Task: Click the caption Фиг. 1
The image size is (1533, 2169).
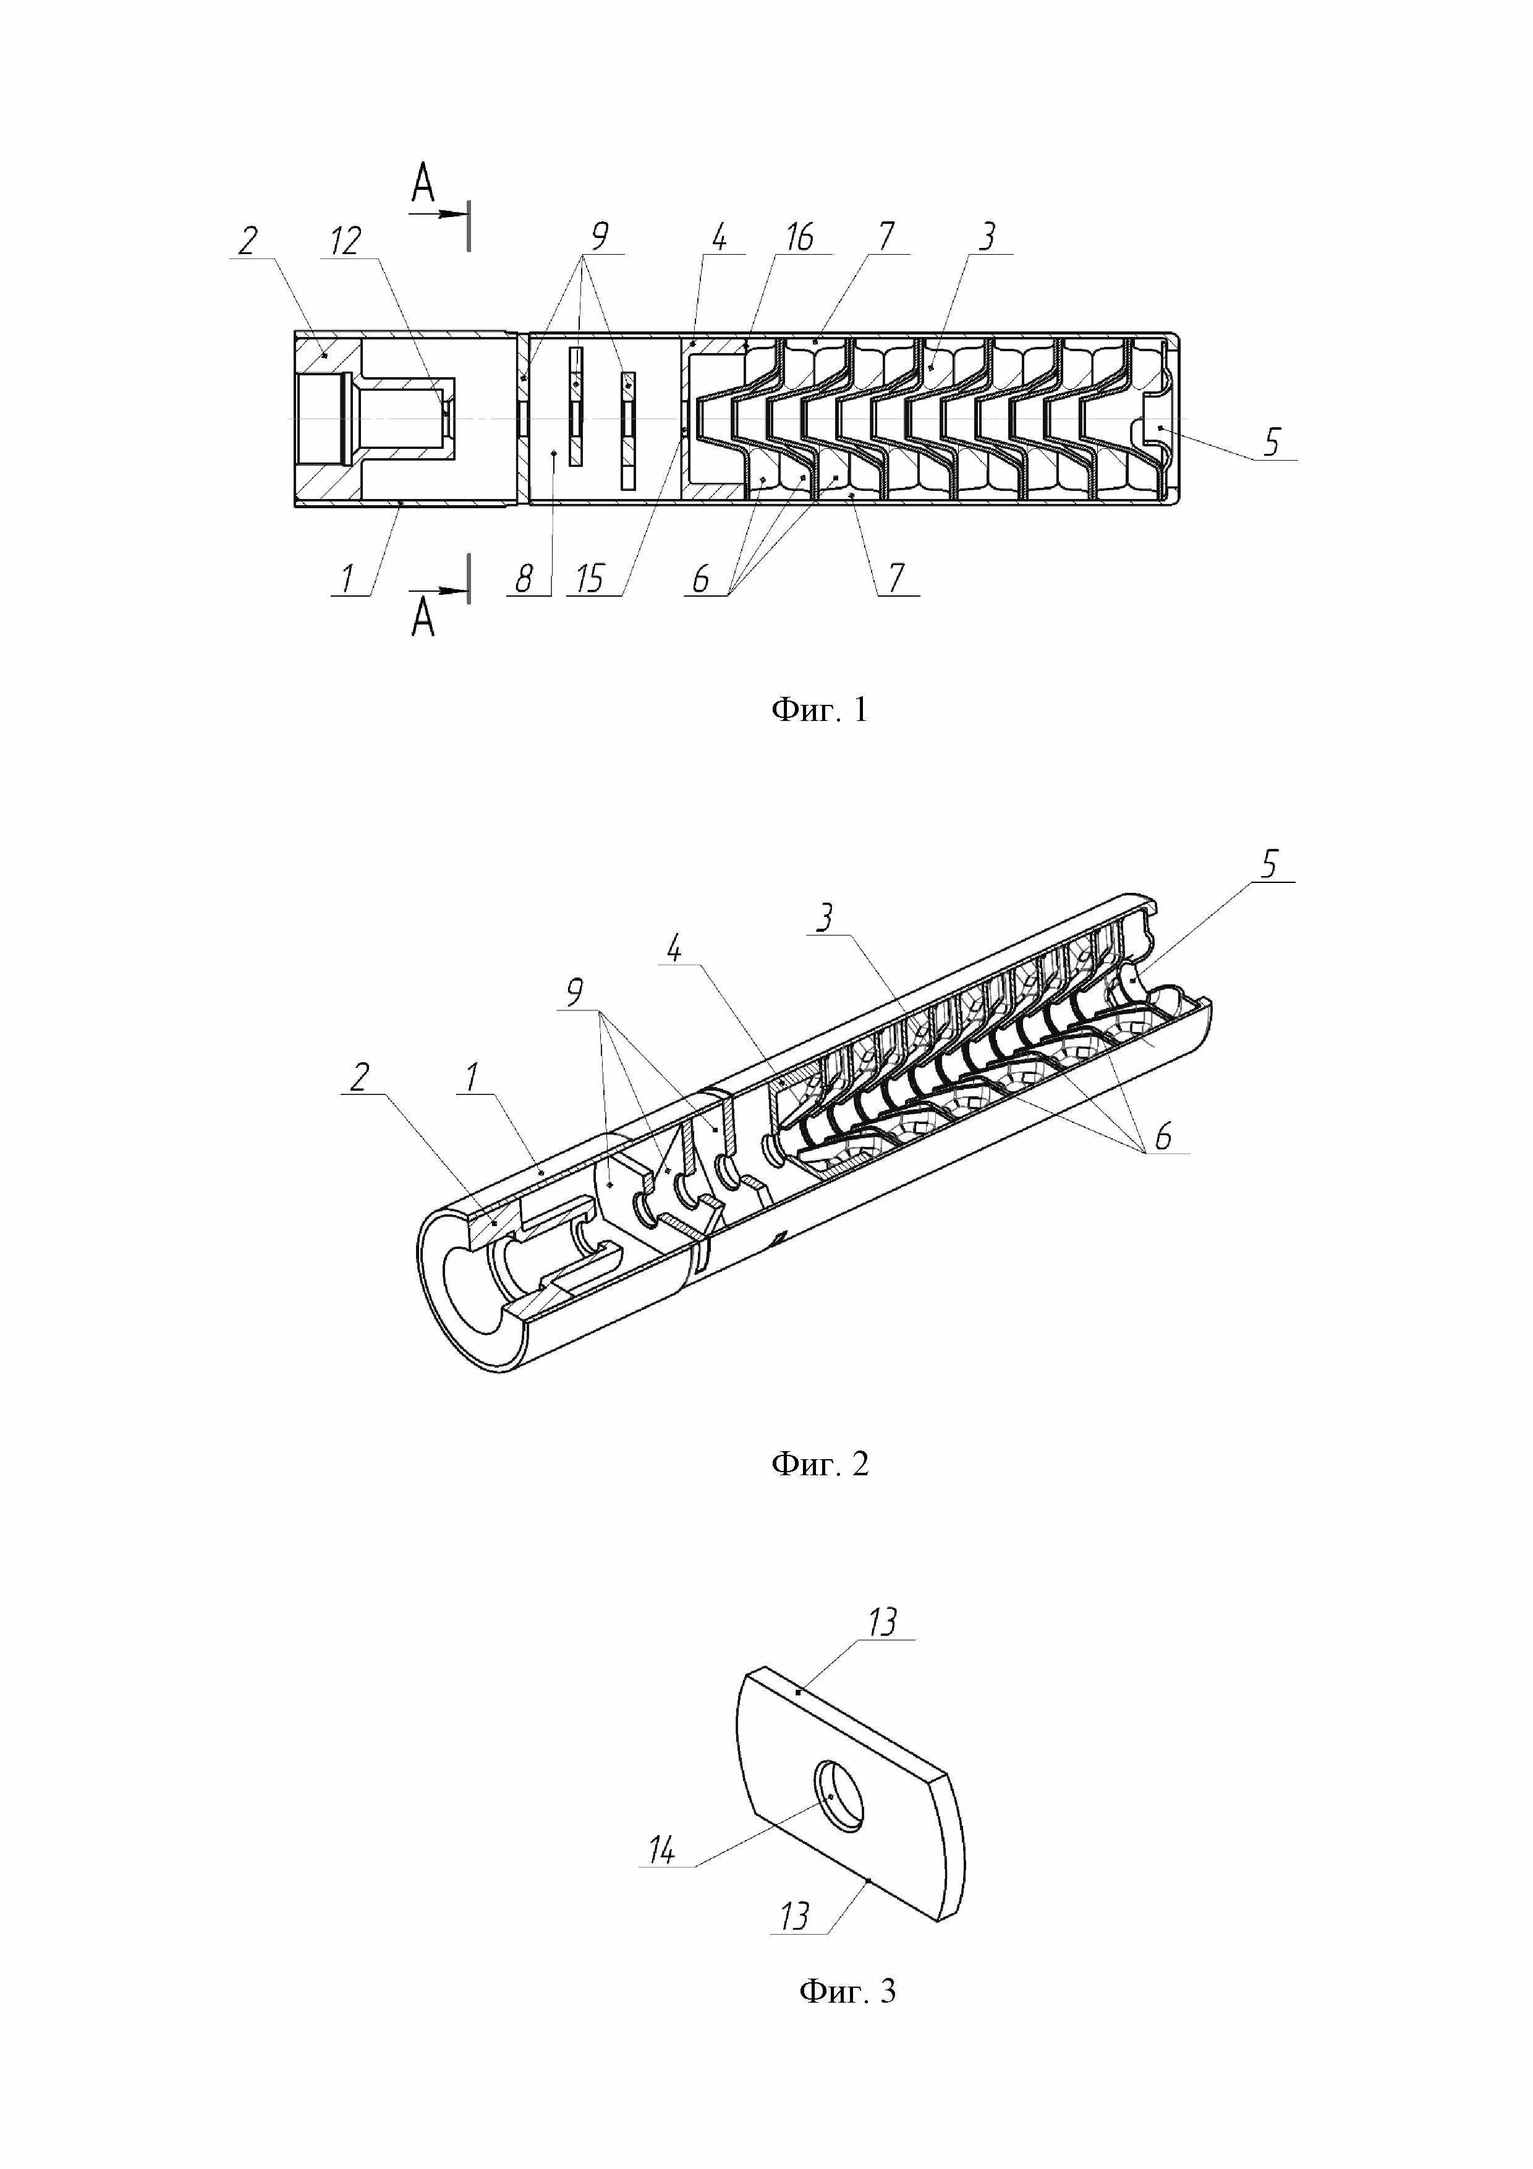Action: click(819, 709)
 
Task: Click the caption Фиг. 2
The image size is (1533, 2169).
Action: click(819, 1464)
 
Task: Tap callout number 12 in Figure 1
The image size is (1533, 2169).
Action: click(346, 241)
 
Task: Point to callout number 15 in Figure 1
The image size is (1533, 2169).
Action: click(589, 578)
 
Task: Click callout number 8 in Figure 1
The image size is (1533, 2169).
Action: click(524, 577)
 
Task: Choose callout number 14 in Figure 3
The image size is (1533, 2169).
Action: click(661, 1850)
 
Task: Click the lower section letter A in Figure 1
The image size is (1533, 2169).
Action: click(423, 619)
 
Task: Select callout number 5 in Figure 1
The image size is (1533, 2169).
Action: click(1272, 441)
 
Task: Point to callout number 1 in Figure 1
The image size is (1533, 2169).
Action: click(347, 577)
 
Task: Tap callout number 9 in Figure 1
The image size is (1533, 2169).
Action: click(599, 236)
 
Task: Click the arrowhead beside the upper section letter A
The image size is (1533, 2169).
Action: click(457, 215)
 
